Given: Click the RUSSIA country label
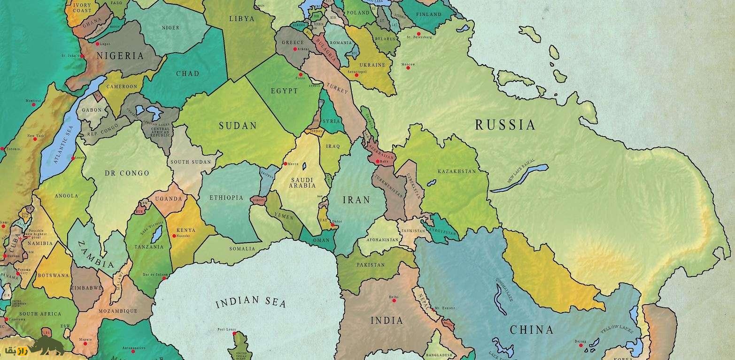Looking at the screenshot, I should point(505,125).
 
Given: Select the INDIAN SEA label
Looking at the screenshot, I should point(251,302).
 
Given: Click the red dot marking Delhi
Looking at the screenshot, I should point(394,300).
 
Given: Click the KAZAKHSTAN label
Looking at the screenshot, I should point(456,171).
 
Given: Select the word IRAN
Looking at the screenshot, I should point(356,200).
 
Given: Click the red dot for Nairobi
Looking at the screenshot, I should point(173,236).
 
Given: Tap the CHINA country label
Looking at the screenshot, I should point(532,329).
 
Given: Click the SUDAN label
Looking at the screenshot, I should point(238,126).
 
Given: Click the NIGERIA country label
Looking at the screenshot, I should point(120,56).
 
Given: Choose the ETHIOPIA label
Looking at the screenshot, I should point(226,198).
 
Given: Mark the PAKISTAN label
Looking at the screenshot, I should point(371,265).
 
